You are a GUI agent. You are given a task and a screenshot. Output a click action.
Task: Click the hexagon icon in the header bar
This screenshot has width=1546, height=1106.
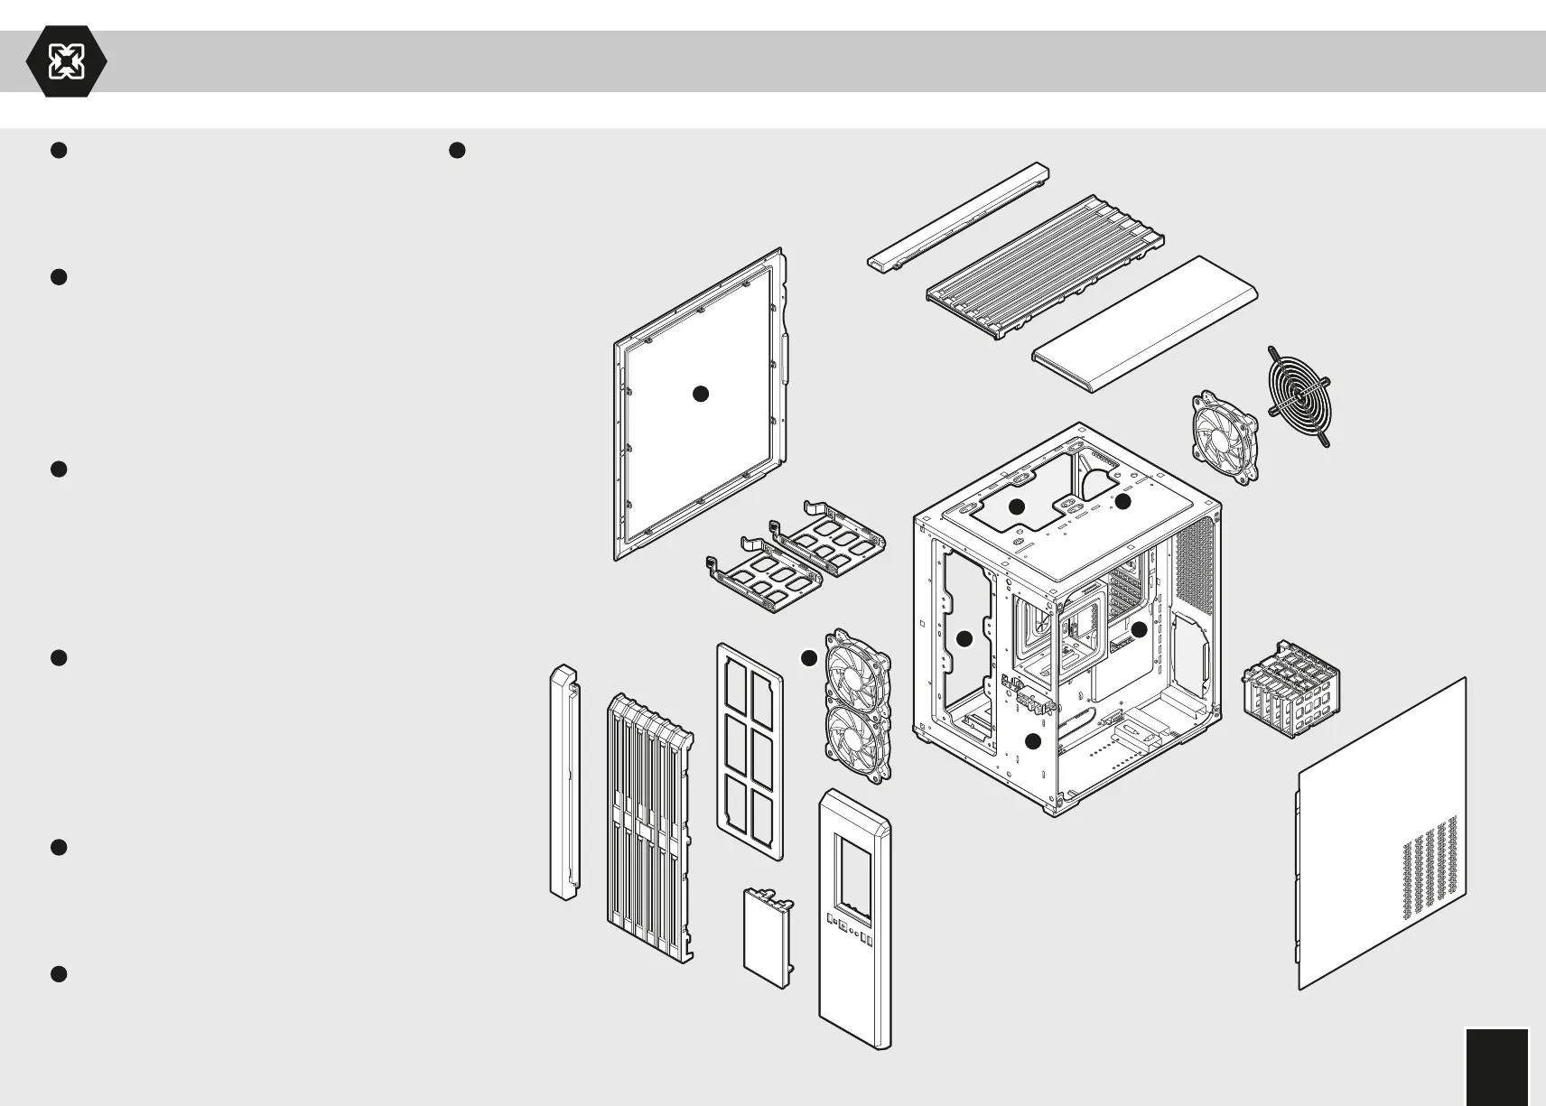coord(66,61)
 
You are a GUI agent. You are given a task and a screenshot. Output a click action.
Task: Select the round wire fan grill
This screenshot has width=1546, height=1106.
coord(1299,396)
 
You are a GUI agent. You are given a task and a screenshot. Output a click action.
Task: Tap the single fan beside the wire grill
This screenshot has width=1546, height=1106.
coord(1225,439)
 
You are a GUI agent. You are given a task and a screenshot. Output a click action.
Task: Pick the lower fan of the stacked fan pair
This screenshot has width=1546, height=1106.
coord(858,742)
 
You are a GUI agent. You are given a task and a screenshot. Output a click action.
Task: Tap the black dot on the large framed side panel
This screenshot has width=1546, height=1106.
coord(700,394)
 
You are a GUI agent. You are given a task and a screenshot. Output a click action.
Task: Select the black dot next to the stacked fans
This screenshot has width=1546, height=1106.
coord(808,659)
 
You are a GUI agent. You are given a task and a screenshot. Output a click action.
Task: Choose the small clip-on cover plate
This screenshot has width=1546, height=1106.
coord(768,939)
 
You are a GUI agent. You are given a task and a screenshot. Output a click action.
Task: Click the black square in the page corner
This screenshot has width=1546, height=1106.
coord(1497,1065)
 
